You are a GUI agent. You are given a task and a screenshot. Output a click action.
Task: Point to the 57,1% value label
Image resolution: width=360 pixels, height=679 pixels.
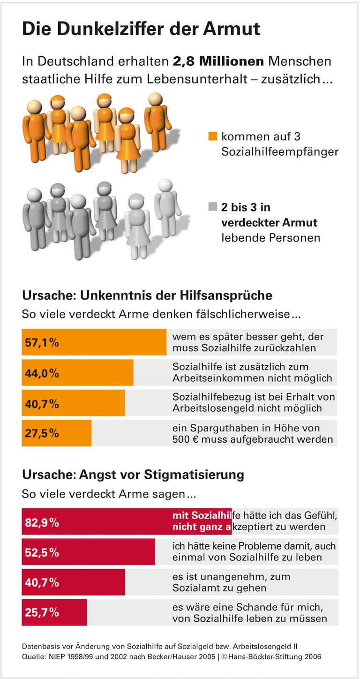(42, 343)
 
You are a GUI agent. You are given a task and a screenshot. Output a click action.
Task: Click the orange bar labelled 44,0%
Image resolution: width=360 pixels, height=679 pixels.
(77, 373)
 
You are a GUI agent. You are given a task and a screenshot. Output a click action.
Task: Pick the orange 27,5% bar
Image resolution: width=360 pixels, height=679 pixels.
(57, 433)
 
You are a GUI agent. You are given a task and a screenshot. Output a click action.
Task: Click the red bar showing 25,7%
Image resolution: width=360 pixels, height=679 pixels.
(54, 612)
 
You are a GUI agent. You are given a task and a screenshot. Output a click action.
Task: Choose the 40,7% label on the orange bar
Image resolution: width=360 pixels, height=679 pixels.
(42, 403)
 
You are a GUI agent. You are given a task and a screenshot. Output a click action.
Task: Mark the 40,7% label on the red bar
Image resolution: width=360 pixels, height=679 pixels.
(42, 582)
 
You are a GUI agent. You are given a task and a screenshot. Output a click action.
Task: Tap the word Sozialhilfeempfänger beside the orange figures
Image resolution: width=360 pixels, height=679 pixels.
(280, 152)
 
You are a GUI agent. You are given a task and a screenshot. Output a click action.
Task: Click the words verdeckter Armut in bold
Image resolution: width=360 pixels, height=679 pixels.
(270, 222)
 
